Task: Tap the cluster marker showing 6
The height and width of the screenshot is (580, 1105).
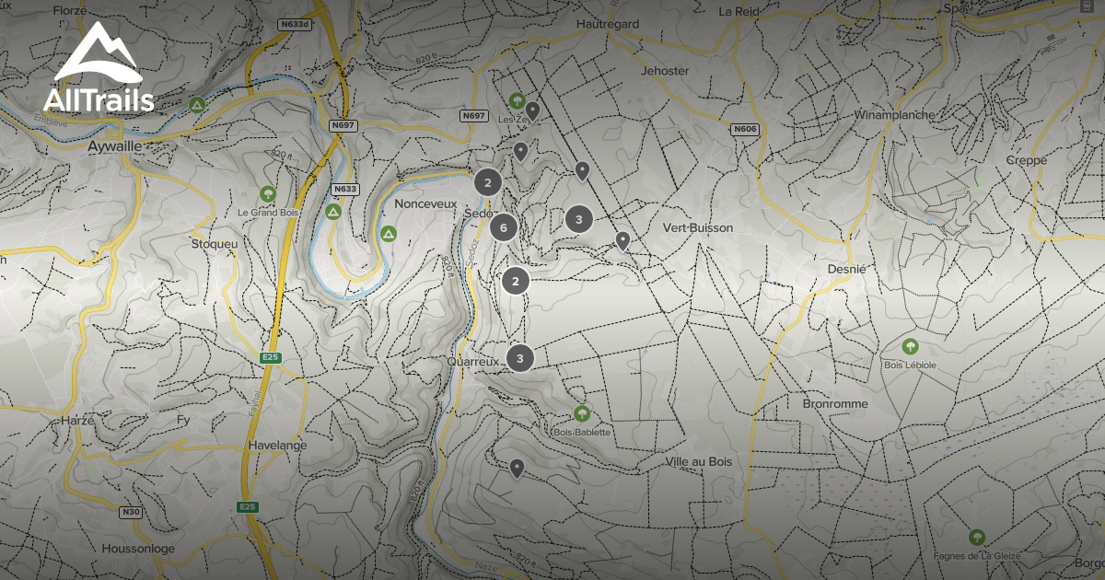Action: pos(503,226)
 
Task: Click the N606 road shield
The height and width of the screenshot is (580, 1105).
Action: pos(745,130)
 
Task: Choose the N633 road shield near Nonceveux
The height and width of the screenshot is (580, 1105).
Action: pos(344,189)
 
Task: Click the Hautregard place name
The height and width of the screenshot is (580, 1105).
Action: pos(606,23)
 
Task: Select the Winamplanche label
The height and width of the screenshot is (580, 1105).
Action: pos(894,115)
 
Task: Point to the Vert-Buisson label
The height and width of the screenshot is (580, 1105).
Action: pos(698,227)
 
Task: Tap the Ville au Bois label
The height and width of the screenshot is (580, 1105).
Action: pos(698,461)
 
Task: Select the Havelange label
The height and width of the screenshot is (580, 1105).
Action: pos(277,445)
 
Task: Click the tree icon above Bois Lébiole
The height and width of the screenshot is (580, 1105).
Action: pos(911,346)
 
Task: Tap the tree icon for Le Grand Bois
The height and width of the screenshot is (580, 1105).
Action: pos(267,194)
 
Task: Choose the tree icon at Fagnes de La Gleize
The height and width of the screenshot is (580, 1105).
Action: pos(976,537)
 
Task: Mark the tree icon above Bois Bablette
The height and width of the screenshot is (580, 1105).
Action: pos(581,413)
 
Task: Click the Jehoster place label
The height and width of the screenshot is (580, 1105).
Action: pos(664,71)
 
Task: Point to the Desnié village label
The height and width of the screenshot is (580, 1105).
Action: pos(846,269)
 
